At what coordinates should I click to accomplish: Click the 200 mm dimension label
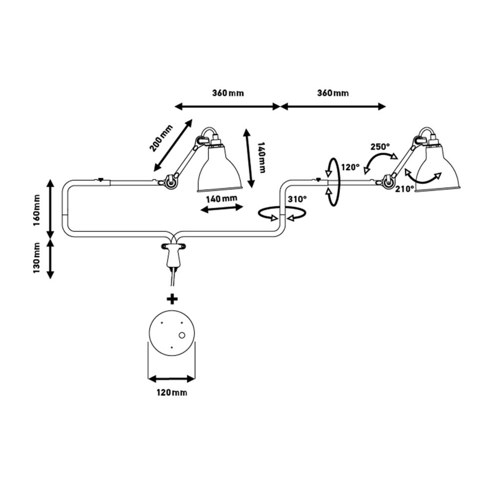[161, 138]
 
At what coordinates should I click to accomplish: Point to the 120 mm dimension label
[171, 392]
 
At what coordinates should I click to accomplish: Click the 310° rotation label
[297, 199]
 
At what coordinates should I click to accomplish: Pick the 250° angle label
[380, 147]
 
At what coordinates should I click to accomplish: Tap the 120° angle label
[351, 167]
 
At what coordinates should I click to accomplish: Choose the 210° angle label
[404, 189]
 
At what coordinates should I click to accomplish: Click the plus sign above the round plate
[172, 299]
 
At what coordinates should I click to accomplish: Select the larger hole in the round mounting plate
[182, 335]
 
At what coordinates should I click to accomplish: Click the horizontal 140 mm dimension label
[222, 199]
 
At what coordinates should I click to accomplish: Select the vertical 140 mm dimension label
[261, 157]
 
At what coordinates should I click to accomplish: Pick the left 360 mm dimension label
[228, 93]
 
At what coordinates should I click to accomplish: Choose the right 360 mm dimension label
[333, 93]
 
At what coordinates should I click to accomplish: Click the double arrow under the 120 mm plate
[171, 379]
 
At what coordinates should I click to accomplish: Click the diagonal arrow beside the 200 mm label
[173, 145]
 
